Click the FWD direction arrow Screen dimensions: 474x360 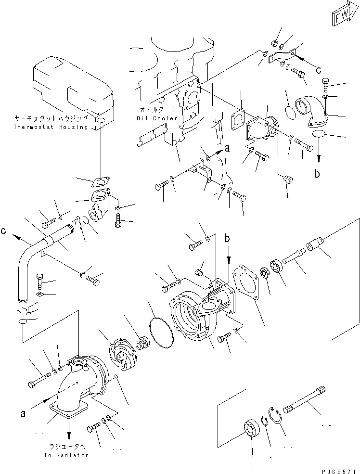pos(343,16)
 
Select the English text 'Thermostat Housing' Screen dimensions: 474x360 pos(51,127)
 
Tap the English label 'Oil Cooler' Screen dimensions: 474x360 pos(156,118)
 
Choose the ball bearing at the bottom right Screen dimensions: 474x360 pos(251,430)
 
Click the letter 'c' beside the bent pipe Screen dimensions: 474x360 pos(4,231)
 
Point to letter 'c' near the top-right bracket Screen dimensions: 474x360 pos(318,69)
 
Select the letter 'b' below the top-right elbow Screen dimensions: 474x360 pos(317,174)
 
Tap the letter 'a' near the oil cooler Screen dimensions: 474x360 pos(227,149)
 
